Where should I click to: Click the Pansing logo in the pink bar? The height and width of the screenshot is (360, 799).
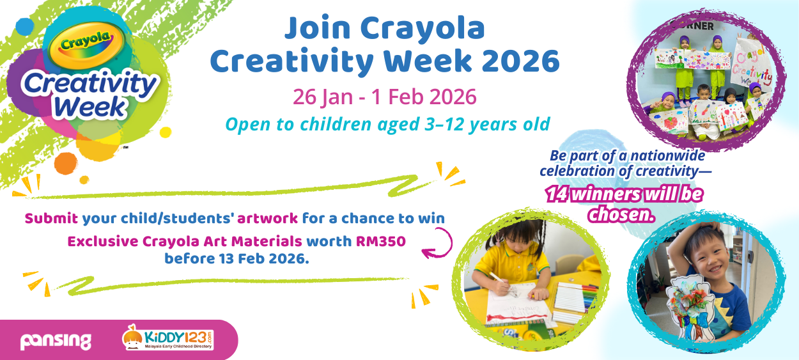56,341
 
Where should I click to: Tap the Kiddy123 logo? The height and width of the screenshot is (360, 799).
167,340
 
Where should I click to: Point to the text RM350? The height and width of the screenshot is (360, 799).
381,242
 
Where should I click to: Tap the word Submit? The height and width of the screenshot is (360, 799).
51,219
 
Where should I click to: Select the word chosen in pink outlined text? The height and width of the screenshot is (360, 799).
622,215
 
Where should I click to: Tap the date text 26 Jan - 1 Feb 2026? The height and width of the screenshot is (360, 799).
384,97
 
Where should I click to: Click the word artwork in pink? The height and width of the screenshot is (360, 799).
267,219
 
